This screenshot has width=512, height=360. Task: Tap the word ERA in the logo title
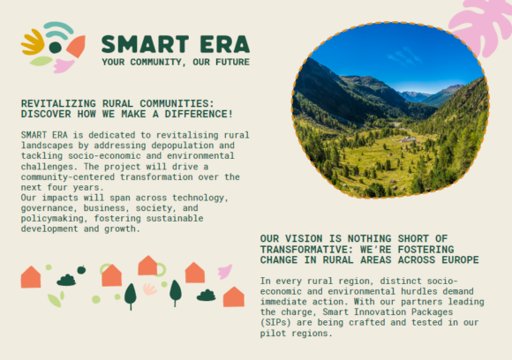(x=224, y=43)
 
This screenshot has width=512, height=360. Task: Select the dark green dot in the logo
(x=55, y=47)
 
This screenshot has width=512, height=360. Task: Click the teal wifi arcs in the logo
(x=58, y=31)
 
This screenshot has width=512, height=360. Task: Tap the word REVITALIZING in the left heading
(x=58, y=103)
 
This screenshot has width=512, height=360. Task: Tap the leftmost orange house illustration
(x=31, y=277)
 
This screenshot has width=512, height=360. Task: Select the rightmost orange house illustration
(x=233, y=297)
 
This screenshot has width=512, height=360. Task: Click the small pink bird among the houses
(x=225, y=271)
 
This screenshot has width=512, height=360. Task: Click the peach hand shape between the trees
(x=150, y=289)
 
